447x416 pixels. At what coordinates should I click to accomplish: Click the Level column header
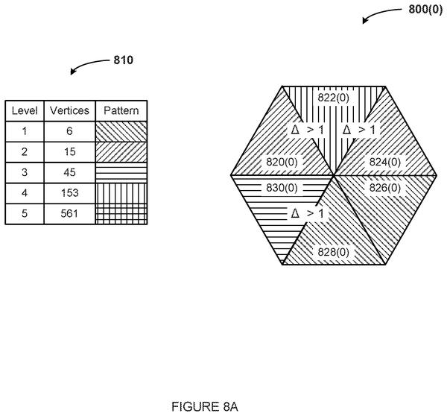25,110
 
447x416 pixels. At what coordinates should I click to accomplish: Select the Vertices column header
69,110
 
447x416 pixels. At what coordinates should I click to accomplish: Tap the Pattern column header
121,110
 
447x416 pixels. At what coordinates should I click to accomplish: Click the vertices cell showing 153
69,193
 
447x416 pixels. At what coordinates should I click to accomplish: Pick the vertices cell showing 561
69,214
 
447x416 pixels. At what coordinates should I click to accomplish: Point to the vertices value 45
69,173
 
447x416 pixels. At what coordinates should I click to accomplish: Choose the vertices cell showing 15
69,152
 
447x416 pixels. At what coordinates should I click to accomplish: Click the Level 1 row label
25,131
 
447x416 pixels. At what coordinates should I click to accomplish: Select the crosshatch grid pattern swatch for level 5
121,214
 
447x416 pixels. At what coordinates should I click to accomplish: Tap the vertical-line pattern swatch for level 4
121,193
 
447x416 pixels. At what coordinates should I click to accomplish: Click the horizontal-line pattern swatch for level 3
121,173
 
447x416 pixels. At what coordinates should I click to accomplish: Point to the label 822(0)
333,98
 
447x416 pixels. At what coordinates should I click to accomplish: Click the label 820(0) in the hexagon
282,162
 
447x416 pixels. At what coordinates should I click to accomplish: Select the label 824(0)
385,162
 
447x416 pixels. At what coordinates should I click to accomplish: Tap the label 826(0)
385,188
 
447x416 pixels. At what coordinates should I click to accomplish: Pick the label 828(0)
333,252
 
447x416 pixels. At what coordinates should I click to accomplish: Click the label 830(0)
282,188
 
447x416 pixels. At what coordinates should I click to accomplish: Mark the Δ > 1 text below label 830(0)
307,213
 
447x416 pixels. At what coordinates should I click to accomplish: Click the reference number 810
124,60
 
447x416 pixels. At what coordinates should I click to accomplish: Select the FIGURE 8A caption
205,406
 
